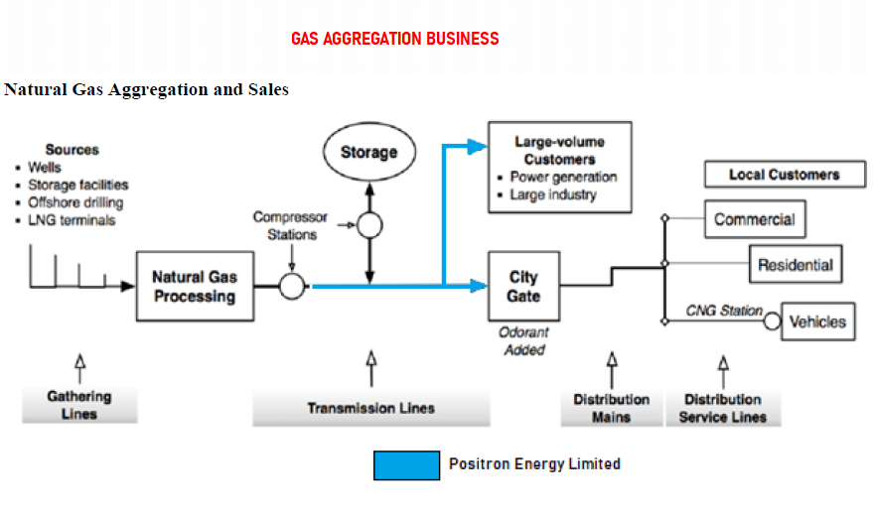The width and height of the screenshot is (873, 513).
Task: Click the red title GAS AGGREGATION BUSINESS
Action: [x=394, y=39]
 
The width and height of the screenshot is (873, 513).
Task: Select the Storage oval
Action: [x=368, y=153]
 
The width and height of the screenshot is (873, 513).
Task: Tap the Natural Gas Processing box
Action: [x=194, y=287]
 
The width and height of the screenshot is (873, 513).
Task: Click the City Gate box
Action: [x=523, y=287]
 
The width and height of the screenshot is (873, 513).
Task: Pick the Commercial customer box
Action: [x=754, y=219]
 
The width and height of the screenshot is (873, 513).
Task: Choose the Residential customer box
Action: [x=795, y=265]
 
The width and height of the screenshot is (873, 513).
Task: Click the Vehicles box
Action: [x=817, y=321]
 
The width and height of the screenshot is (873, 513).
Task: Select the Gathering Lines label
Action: [x=79, y=405]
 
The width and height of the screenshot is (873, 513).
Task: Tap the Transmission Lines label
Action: [x=370, y=408]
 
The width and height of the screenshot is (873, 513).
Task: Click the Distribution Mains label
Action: [x=611, y=408]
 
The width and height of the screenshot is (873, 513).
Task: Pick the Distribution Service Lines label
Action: [x=722, y=408]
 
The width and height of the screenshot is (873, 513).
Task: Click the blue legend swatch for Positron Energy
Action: [x=406, y=464]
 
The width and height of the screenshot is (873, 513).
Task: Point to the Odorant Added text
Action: [x=523, y=341]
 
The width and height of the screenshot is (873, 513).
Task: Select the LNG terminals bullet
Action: [x=72, y=220]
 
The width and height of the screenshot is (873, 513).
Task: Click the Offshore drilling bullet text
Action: [x=75, y=202]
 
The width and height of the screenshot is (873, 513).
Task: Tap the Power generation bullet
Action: [x=563, y=177]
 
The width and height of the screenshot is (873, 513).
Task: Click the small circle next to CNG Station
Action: [x=772, y=321]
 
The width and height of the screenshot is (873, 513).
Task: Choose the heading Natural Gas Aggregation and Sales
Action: [x=146, y=89]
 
